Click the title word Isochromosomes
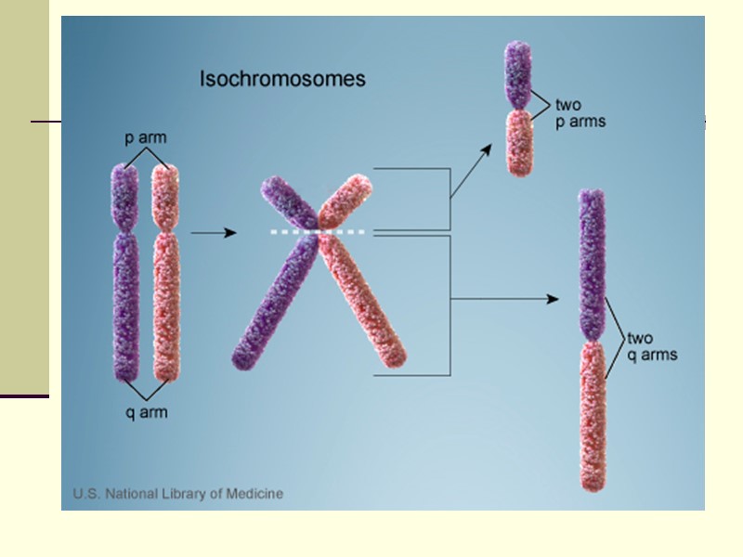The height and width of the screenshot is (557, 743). point(282,80)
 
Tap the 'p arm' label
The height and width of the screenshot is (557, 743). point(146,138)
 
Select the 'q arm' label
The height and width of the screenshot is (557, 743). point(147,412)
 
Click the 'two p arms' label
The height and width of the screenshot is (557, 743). point(580,113)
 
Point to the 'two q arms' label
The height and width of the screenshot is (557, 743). point(652,346)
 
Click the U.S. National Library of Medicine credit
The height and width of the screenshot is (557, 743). point(178,494)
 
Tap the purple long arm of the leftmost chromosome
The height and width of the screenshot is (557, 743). point(125,306)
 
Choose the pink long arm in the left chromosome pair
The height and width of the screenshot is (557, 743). point(166,306)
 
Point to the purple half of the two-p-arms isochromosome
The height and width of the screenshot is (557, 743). point(516,74)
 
